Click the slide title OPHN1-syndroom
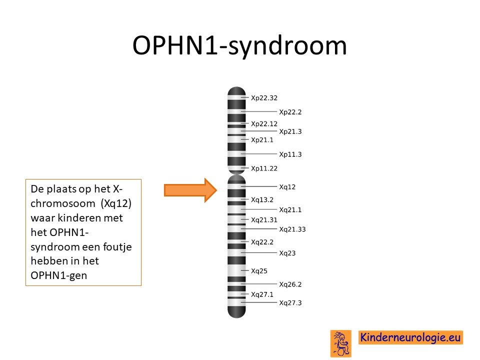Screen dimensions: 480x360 coord(239,46)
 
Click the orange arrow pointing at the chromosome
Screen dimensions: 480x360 coord(190,190)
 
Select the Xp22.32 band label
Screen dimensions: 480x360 coord(264,98)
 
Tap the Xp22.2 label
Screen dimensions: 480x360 coord(290,112)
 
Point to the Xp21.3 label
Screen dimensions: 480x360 coord(290,131)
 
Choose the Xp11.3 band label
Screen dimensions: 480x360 coord(290,154)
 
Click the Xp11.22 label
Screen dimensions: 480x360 coord(264,168)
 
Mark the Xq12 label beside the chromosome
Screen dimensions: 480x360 coord(287,187)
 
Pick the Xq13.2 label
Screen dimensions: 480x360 coord(262,200)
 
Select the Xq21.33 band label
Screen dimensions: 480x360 coord(292,229)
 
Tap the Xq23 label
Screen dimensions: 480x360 coord(287,253)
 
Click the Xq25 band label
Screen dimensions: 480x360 coord(259,271)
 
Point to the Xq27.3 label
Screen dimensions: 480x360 coord(290,303)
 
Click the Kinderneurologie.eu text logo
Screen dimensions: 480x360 coord(410,337)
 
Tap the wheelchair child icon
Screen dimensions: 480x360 coord(340,343)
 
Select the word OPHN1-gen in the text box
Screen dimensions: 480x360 coord(59,275)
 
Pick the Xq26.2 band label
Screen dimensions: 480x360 coord(290,284)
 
